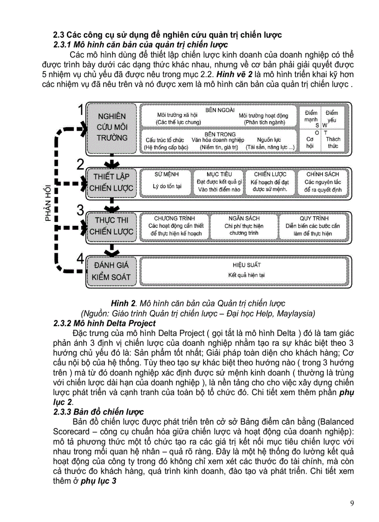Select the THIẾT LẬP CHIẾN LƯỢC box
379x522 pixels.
[x=111, y=182]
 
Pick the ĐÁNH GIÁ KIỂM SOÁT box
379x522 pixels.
[x=111, y=271]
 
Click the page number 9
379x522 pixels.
[x=352, y=503]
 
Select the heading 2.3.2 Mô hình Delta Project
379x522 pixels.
[x=105, y=323]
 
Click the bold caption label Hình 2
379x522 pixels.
[x=126, y=304]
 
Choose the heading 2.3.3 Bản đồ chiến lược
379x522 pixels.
[x=99, y=412]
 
